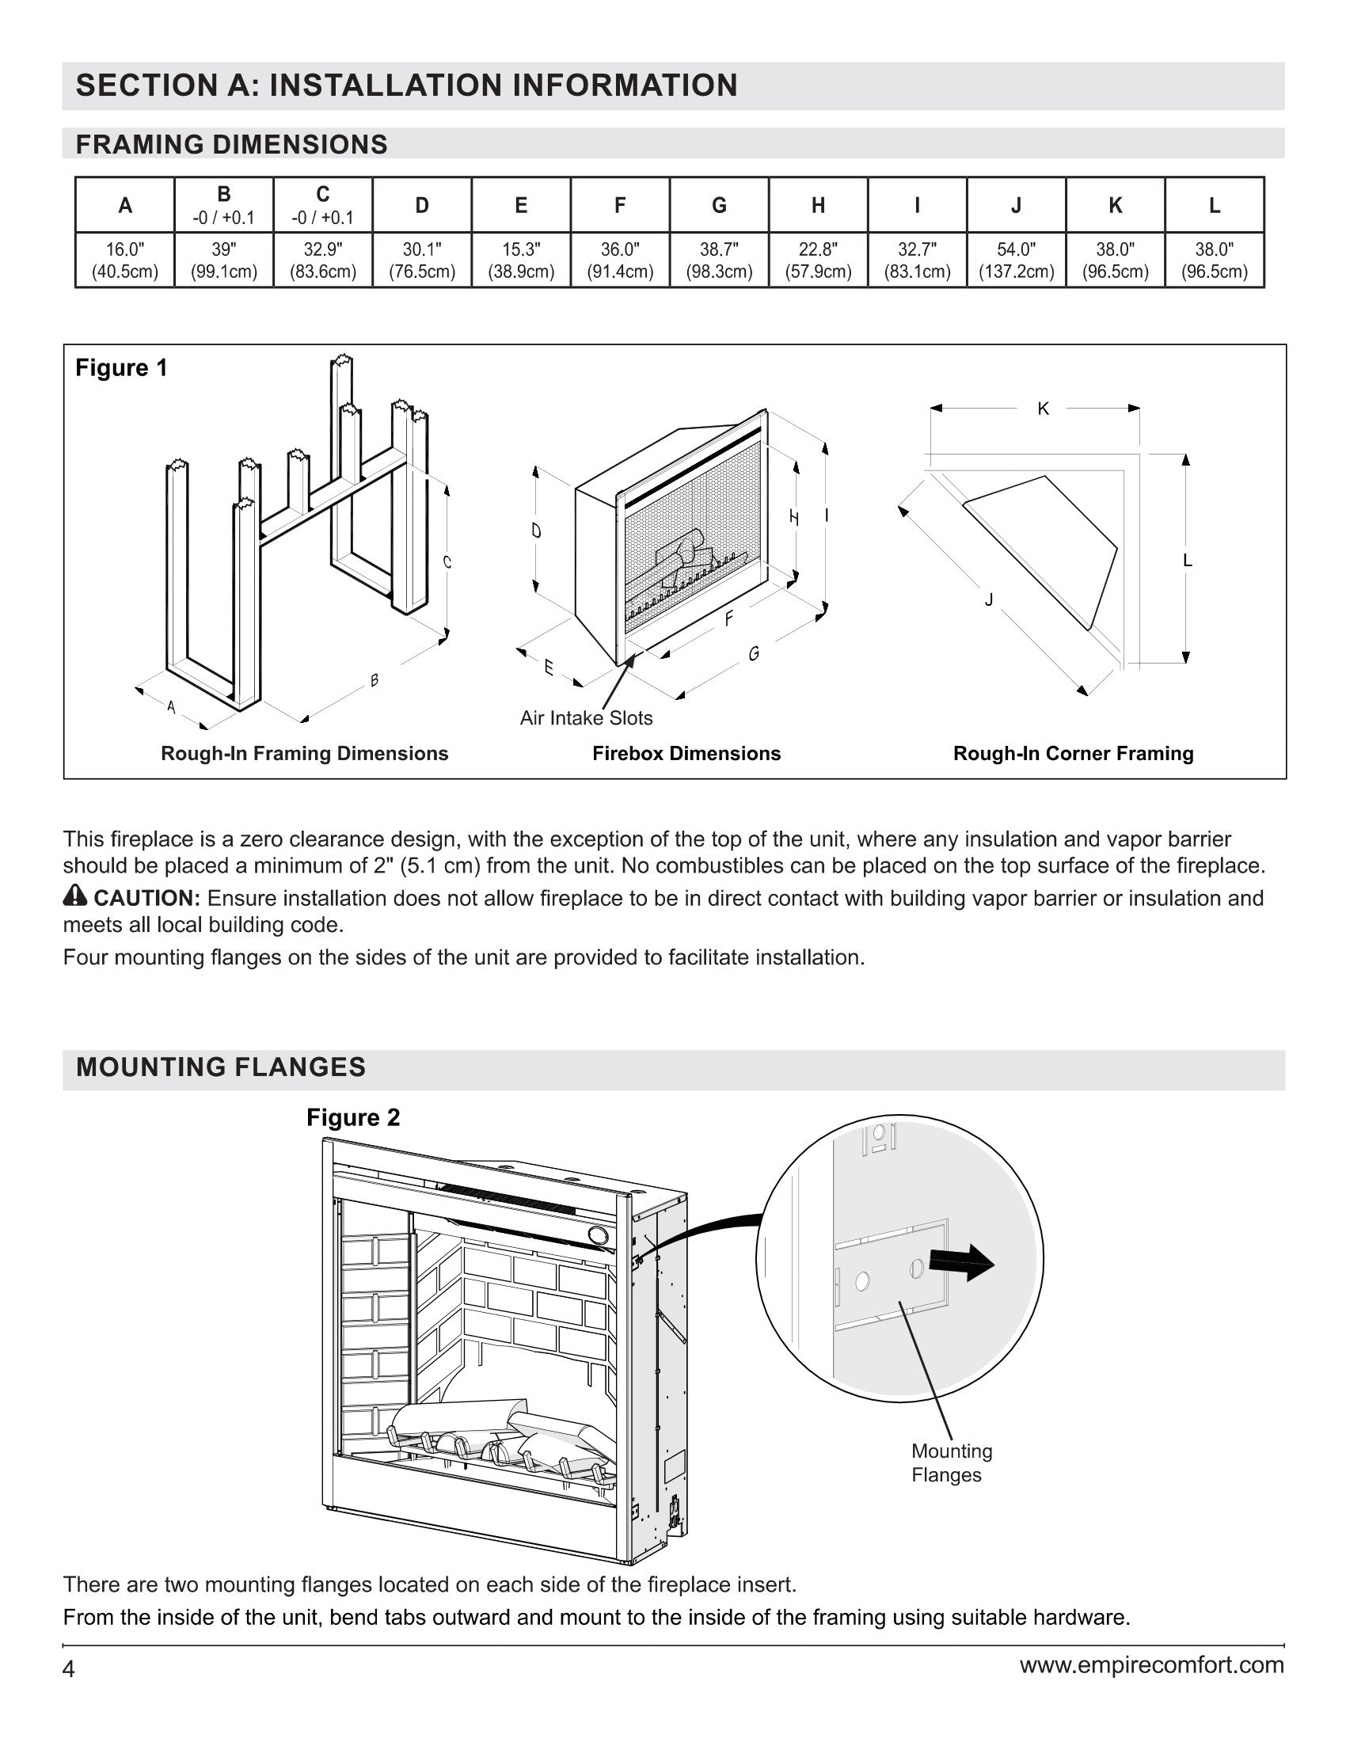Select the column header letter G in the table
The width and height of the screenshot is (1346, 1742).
click(x=718, y=206)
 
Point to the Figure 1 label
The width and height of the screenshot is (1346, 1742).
click(x=121, y=367)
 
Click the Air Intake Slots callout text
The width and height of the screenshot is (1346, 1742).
click(x=586, y=718)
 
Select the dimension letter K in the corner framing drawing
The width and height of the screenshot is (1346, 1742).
click(x=1043, y=409)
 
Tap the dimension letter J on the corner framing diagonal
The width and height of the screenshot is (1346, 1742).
click(x=989, y=599)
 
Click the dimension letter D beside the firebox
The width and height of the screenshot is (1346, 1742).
click(x=537, y=531)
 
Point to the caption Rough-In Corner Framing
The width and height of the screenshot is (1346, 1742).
click(x=1074, y=754)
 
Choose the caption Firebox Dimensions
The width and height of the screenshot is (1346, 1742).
click(x=686, y=754)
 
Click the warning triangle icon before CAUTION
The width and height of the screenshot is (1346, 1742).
click(x=75, y=896)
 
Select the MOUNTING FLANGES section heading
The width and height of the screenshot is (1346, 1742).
click(x=221, y=1067)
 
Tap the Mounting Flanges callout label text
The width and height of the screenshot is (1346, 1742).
click(x=951, y=1462)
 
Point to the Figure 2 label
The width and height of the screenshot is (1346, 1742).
click(x=353, y=1117)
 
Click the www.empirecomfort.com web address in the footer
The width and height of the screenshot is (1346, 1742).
click(x=1151, y=1664)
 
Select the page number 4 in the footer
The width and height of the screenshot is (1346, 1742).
click(x=70, y=1668)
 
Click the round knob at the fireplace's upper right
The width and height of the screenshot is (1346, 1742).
click(x=597, y=1235)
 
